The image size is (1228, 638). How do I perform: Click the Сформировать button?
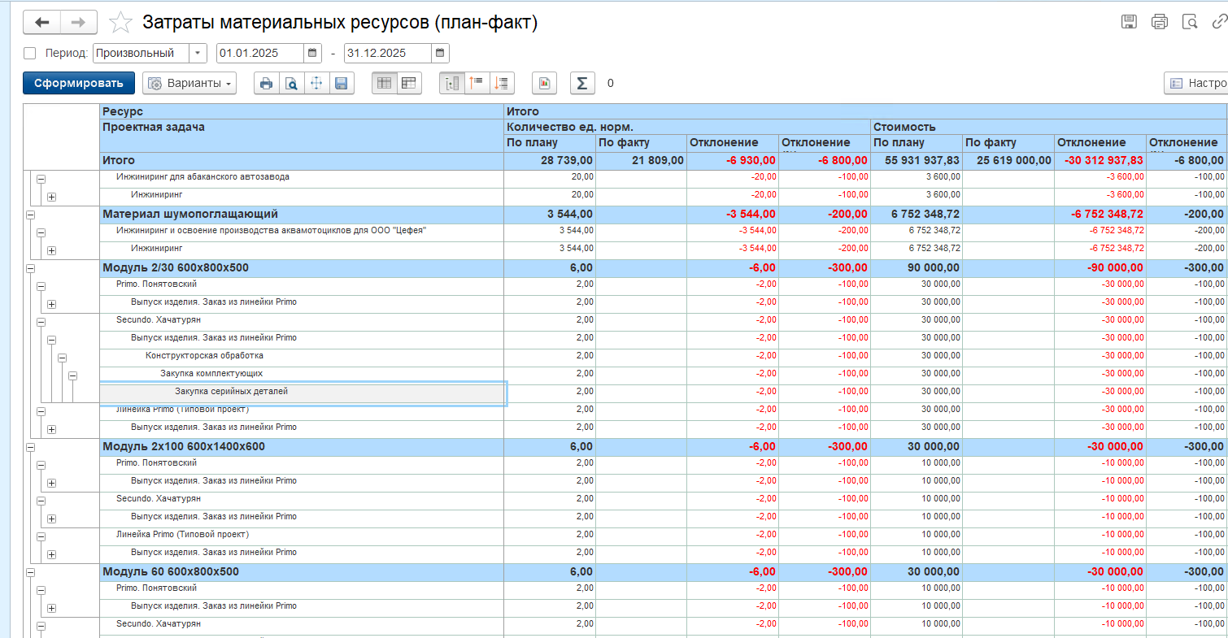pyautogui.click(x=78, y=83)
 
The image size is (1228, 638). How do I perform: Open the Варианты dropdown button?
pyautogui.click(x=189, y=83)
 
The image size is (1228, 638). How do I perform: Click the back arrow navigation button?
pyautogui.click(x=41, y=23)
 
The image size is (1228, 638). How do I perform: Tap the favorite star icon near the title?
pyautogui.click(x=120, y=23)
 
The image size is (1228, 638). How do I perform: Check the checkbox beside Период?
pyautogui.click(x=29, y=53)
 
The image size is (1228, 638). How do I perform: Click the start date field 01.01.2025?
pyautogui.click(x=260, y=53)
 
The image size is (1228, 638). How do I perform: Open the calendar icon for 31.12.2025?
pyautogui.click(x=440, y=53)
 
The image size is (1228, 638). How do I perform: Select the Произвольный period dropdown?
pyautogui.click(x=150, y=53)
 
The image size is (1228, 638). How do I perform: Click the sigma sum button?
pyautogui.click(x=581, y=83)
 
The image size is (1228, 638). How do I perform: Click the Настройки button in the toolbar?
pyautogui.click(x=1196, y=83)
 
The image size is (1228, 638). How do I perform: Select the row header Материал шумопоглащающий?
pyautogui.click(x=190, y=214)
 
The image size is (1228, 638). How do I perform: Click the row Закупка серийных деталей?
pyautogui.click(x=231, y=391)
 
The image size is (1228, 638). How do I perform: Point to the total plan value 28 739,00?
pyautogui.click(x=566, y=160)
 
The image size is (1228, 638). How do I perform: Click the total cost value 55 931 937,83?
pyautogui.click(x=922, y=160)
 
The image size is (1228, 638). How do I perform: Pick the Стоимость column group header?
pyautogui.click(x=904, y=127)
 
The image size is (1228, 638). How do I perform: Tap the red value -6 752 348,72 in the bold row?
pyautogui.click(x=1107, y=214)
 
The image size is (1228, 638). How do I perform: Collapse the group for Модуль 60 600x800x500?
pyautogui.click(x=31, y=572)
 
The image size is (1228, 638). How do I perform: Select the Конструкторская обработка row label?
pyautogui.click(x=204, y=355)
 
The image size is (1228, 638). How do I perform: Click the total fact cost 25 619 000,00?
pyautogui.click(x=1013, y=160)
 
